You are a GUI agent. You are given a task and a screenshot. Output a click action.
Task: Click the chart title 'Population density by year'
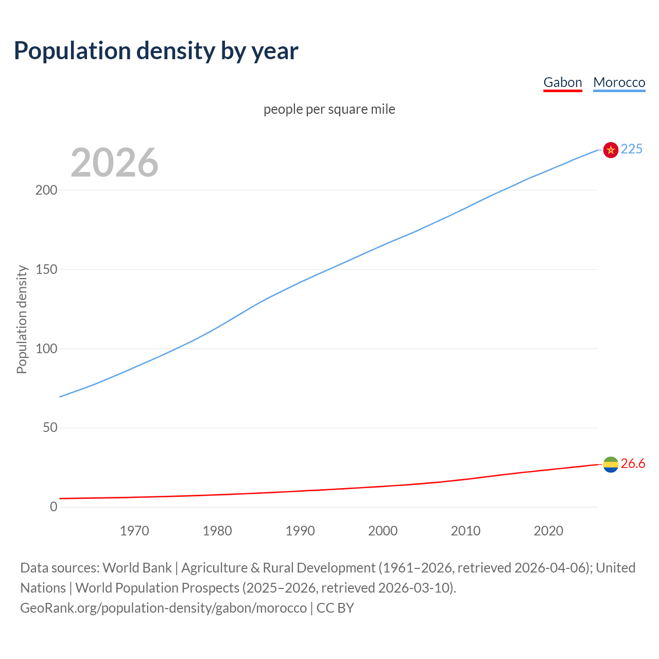(x=156, y=50)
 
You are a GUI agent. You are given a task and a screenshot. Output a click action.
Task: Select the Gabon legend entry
(x=563, y=82)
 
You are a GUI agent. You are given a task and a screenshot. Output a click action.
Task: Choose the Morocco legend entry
(x=619, y=82)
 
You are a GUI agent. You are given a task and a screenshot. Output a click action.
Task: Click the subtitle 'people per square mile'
(x=329, y=109)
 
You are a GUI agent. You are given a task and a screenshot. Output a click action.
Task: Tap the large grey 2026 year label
(x=114, y=163)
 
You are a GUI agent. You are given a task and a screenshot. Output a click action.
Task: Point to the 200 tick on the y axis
(x=46, y=190)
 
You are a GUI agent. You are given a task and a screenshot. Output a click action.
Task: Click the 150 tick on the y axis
(x=46, y=269)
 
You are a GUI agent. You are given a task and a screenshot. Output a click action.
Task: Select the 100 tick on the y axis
(x=46, y=349)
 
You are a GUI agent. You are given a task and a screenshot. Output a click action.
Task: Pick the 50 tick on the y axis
(x=50, y=428)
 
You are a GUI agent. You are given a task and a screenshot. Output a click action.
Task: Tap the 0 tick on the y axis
(x=54, y=507)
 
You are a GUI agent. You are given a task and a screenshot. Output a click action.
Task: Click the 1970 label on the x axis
(x=134, y=531)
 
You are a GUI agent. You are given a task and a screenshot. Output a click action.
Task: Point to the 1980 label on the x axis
(x=217, y=531)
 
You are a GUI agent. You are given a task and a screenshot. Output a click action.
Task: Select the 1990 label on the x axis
(x=300, y=531)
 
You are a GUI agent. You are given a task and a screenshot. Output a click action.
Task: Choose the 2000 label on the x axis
(x=383, y=531)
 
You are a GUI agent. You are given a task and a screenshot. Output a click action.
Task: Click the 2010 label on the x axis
(x=465, y=531)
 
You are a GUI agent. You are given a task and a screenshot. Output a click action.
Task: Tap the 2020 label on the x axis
(x=548, y=531)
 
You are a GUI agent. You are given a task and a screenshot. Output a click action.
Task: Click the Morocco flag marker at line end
(x=611, y=150)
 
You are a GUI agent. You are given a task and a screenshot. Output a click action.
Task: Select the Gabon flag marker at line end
(x=611, y=464)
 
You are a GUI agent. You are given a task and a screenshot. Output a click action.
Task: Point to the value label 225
(x=631, y=149)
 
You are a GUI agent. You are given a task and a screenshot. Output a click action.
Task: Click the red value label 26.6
(x=633, y=464)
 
